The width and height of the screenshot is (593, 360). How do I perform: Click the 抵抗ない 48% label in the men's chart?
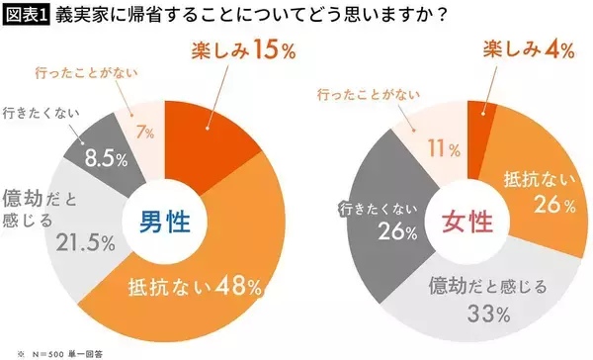[194, 287]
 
